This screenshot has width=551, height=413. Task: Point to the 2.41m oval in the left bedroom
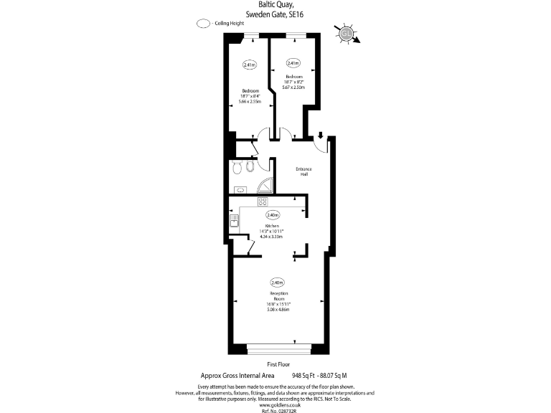[x=250, y=65]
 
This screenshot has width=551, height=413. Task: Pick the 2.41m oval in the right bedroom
[x=293, y=62]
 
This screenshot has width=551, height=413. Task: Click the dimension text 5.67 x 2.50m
[x=294, y=87]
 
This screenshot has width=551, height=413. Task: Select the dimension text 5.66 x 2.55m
[x=250, y=102]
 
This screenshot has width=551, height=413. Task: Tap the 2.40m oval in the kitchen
[x=273, y=214]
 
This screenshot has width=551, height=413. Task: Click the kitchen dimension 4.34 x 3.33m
[x=272, y=236]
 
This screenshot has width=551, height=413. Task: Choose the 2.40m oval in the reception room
[x=277, y=282]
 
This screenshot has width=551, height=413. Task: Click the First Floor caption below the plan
[x=276, y=364]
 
